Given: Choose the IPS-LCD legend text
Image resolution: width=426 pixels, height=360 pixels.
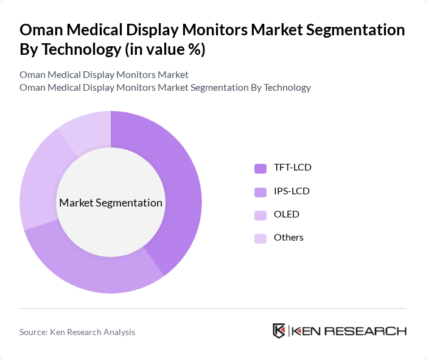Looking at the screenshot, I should pyautogui.click(x=292, y=191).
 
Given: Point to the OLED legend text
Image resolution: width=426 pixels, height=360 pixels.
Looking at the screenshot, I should pyautogui.click(x=287, y=214).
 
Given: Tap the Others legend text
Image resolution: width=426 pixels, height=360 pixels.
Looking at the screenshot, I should pyautogui.click(x=288, y=238).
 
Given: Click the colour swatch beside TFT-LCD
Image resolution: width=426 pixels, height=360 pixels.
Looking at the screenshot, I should pyautogui.click(x=260, y=168).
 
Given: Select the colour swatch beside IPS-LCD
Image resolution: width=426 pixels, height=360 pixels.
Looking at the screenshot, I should pyautogui.click(x=260, y=192).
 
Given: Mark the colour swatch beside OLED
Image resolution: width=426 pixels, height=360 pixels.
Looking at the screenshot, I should pyautogui.click(x=260, y=215).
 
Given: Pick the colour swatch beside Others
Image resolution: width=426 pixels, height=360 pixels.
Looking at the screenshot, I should pyautogui.click(x=260, y=238).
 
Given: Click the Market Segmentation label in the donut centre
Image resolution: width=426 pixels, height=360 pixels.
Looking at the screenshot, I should pyautogui.click(x=111, y=203).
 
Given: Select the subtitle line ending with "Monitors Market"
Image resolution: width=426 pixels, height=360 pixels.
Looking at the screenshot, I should pyautogui.click(x=104, y=74).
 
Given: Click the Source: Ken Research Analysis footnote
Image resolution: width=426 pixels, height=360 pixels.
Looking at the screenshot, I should pyautogui.click(x=77, y=332).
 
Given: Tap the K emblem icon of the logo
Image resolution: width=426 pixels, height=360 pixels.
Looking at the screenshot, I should pyautogui.click(x=279, y=331).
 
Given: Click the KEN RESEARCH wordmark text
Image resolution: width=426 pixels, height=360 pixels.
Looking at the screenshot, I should pyautogui.click(x=349, y=331).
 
